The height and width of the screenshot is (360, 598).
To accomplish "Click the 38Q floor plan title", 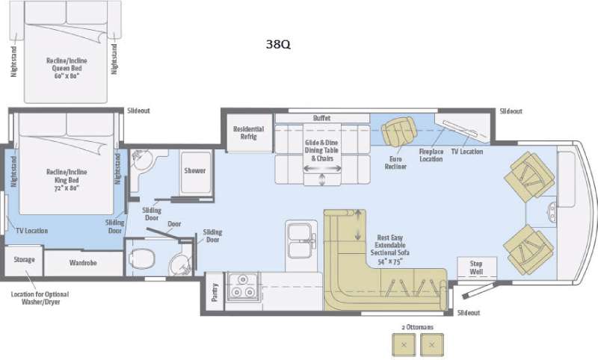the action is click(278, 44).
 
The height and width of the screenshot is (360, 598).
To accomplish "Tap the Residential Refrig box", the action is click(250, 132).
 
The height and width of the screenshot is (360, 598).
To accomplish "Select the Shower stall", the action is click(195, 173).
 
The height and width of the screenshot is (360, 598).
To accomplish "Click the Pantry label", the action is click(215, 292).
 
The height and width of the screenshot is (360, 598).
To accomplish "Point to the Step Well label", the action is click(476, 267).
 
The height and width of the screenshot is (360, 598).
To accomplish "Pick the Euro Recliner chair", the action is click(398, 131).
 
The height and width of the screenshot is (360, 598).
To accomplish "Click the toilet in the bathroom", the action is click(141, 258).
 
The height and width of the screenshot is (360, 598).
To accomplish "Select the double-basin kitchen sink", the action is click(300, 240).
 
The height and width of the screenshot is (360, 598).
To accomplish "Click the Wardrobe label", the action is click(83, 263).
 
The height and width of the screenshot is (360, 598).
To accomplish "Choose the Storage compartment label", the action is click(25, 259).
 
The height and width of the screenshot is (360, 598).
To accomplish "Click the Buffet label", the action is click(322, 118).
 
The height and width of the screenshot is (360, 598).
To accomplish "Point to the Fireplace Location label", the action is click(431, 155).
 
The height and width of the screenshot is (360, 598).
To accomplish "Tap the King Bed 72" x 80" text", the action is click(67, 184).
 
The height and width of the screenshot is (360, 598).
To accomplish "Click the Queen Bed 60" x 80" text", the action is click(67, 72).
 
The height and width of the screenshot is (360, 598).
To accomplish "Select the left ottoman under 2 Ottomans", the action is click(404, 345).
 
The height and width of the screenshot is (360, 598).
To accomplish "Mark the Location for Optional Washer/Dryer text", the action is click(40, 298).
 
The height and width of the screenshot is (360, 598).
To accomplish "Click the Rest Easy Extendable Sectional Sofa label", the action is click(389, 249).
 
